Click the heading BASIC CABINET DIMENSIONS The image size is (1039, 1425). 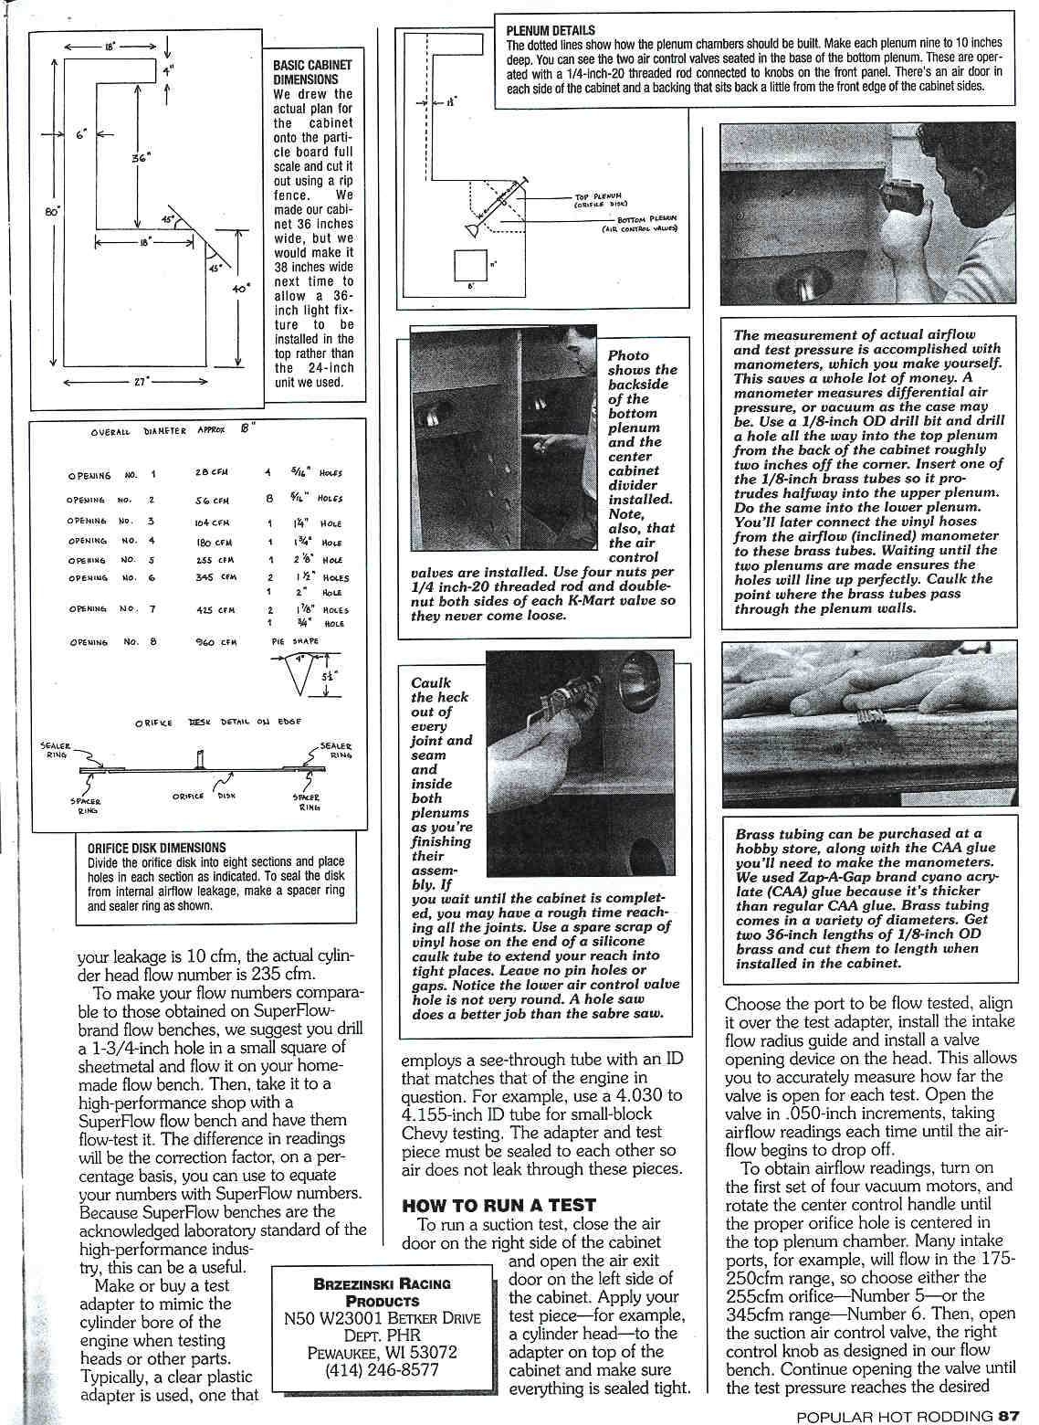tap(312, 72)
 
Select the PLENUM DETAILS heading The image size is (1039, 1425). tap(551, 30)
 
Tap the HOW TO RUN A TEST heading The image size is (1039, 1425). tap(499, 1205)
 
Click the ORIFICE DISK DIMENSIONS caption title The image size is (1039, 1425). tap(157, 847)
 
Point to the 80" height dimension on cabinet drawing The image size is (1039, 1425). tap(52, 211)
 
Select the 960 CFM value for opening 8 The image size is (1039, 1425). tap(217, 642)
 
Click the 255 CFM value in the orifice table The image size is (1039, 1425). tap(215, 560)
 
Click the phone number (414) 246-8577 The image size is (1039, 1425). tap(383, 1369)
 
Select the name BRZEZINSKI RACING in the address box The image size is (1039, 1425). tap(383, 1283)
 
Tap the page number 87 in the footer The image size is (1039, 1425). tap(1009, 1416)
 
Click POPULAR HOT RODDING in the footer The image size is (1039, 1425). tap(894, 1416)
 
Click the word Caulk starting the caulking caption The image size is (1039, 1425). tap(431, 682)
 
